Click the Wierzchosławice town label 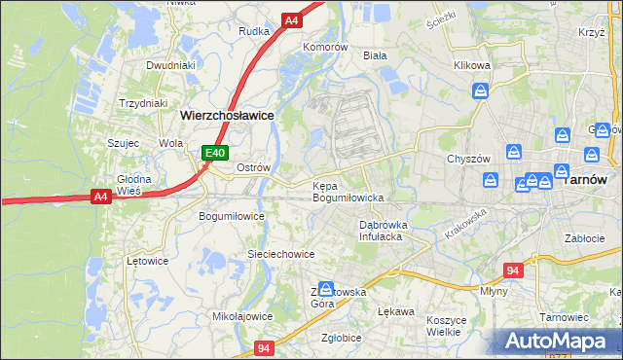tap(227, 115)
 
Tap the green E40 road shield tap(215, 153)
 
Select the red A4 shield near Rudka tap(291, 19)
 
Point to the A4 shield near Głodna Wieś tap(100, 197)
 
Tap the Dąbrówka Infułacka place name tap(382, 230)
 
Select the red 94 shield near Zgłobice tap(264, 347)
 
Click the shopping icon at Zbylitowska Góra tap(327, 289)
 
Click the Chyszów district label tap(467, 159)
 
